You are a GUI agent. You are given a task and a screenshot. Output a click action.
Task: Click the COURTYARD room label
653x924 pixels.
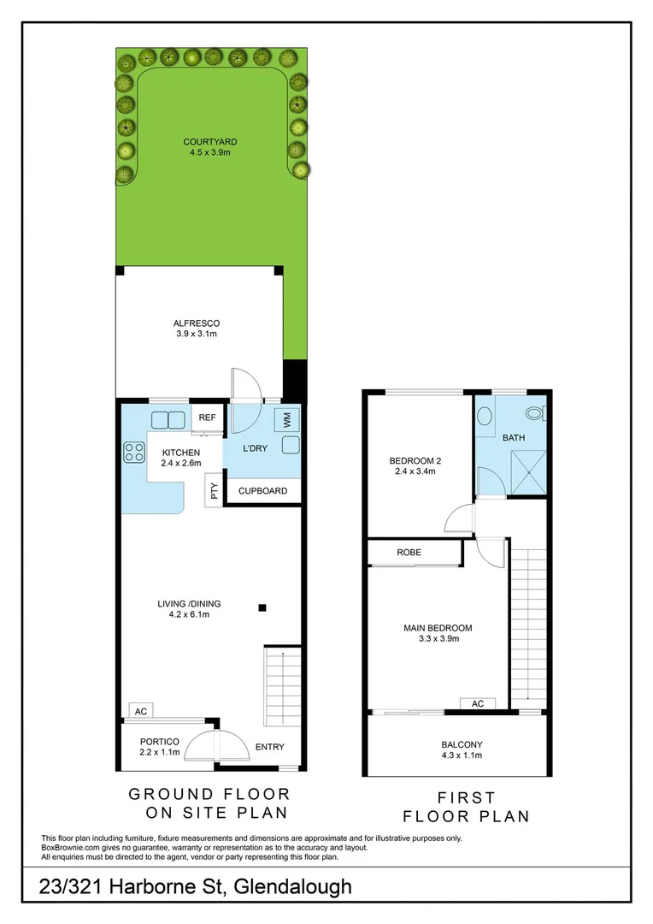[x=209, y=147]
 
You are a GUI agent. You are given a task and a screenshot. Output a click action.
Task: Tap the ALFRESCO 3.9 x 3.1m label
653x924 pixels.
[x=197, y=328]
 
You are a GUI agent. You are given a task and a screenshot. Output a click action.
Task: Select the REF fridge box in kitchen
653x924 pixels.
[x=207, y=418]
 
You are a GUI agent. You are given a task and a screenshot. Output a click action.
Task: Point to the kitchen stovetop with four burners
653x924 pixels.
[x=134, y=451]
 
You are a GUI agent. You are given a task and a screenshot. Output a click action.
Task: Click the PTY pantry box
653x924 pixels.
[x=214, y=491]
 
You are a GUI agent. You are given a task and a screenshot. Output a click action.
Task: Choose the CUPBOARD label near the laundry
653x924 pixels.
[x=262, y=491]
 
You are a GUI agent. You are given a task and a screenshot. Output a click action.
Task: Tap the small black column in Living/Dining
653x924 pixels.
[x=262, y=608]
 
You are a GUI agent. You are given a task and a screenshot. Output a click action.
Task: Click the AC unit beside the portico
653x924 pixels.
[x=140, y=711]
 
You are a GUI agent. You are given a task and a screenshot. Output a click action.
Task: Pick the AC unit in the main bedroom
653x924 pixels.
[x=477, y=703]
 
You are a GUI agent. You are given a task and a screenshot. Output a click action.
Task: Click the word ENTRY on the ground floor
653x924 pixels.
[x=270, y=747]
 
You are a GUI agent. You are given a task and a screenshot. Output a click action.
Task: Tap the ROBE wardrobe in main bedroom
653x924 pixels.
[x=409, y=553]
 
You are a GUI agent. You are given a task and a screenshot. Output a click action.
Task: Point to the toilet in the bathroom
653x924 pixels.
[x=534, y=413]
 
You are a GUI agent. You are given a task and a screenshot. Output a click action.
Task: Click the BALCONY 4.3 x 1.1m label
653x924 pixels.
[x=462, y=749]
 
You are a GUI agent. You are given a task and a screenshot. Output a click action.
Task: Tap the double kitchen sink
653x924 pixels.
[x=168, y=419]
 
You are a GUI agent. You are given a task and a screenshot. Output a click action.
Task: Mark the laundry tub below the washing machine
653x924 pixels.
[x=289, y=445]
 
